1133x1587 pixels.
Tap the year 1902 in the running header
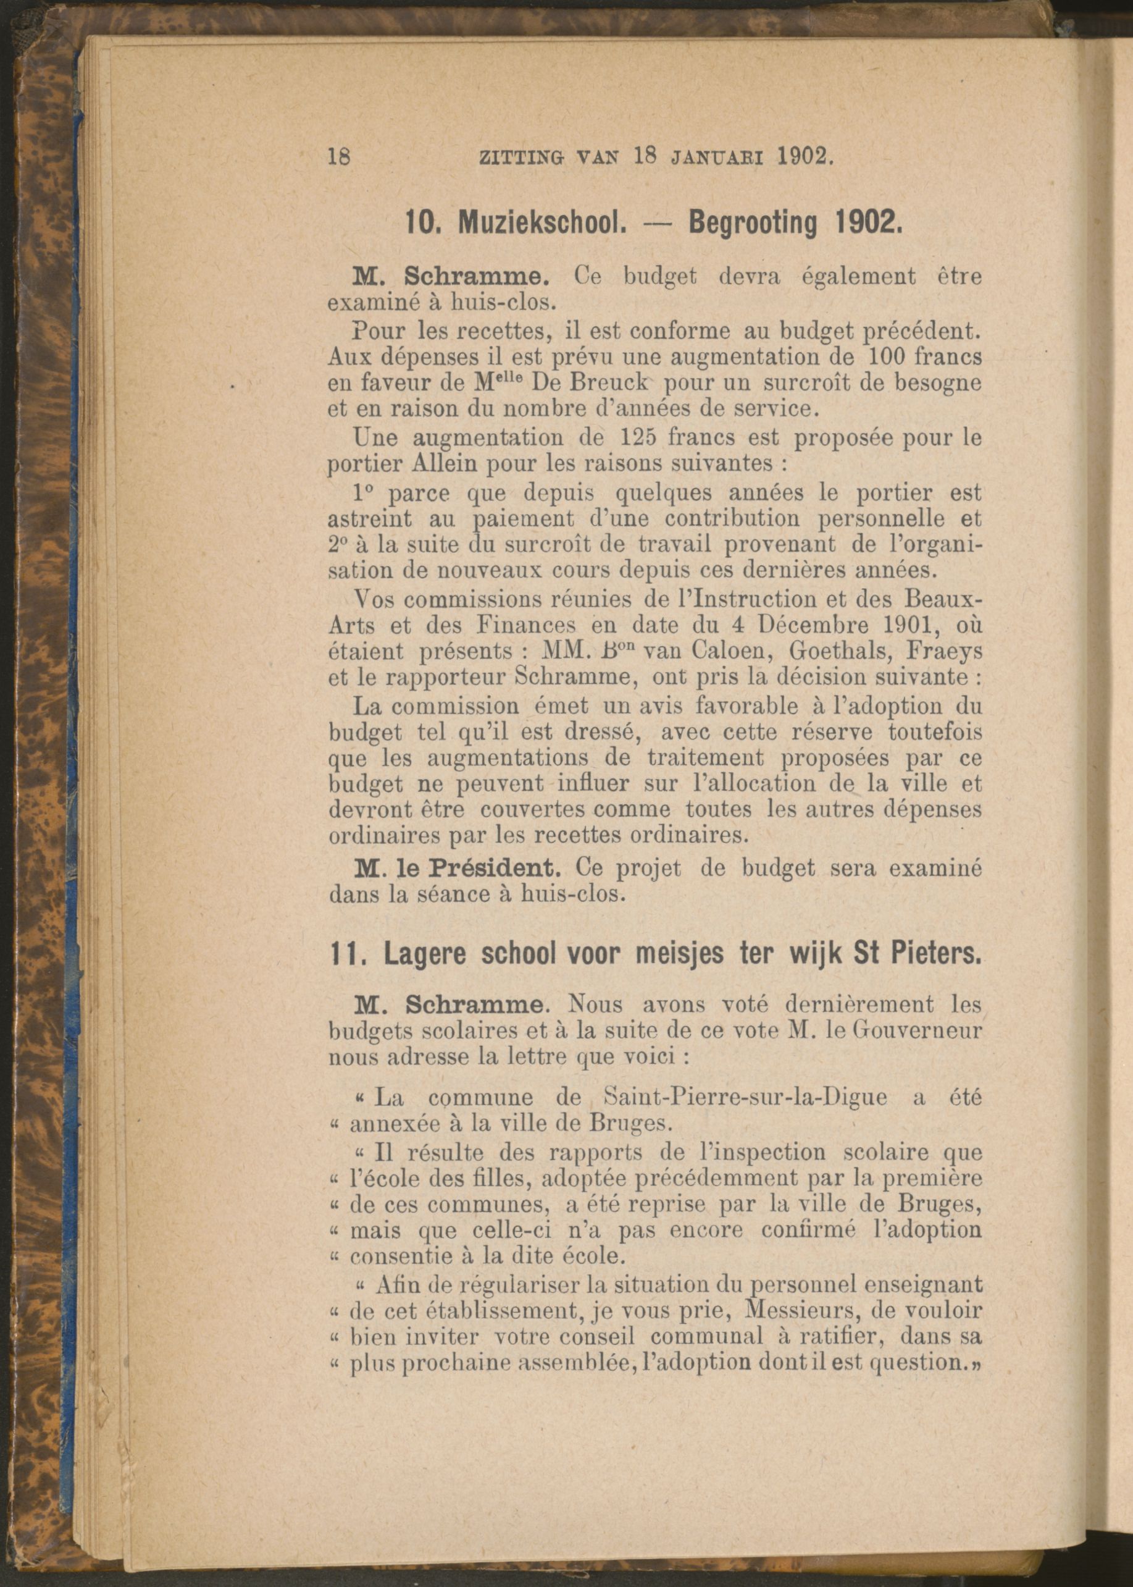803,156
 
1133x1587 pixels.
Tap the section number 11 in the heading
345,954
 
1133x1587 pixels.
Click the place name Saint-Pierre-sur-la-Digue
743,1098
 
